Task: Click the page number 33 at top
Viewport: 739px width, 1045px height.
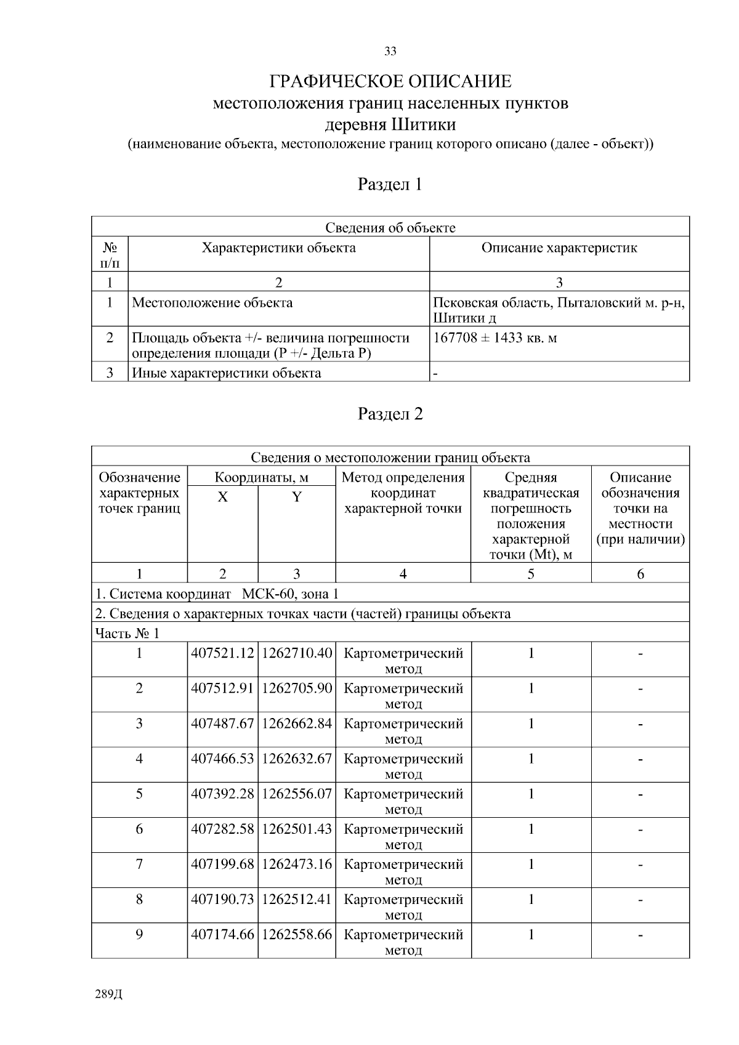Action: (390, 52)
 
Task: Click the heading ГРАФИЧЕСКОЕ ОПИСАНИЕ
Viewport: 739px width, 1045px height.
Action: (390, 81)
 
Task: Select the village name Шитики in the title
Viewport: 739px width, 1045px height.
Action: (423, 124)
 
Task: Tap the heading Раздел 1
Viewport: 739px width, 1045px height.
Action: (390, 184)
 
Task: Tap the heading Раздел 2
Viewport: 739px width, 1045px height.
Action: (390, 414)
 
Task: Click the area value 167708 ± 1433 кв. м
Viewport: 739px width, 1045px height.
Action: (495, 338)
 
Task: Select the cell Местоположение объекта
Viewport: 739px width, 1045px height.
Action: (212, 303)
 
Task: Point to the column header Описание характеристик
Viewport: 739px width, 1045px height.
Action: (559, 248)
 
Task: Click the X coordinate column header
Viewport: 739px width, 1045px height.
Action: (222, 497)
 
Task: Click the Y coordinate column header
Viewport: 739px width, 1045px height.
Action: (296, 497)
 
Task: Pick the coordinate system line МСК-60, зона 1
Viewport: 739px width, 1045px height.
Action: (217, 594)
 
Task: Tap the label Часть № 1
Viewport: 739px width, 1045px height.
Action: (127, 634)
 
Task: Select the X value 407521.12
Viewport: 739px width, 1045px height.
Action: (222, 653)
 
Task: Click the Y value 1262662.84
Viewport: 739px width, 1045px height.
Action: (297, 724)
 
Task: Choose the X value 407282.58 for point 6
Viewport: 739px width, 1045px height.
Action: (222, 829)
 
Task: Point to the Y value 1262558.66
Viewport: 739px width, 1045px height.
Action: (297, 934)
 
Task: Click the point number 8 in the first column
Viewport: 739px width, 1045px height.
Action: (139, 899)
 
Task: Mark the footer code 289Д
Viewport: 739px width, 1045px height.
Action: (109, 995)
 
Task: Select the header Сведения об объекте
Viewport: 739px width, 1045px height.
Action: (390, 228)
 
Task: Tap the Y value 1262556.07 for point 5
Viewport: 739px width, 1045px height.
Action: (297, 794)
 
